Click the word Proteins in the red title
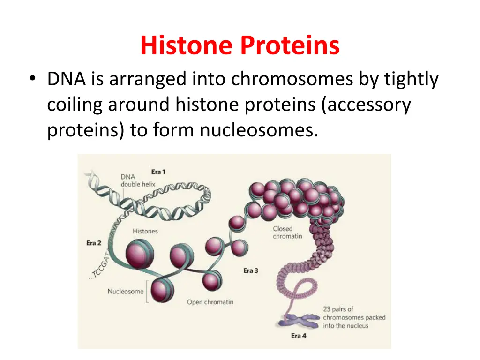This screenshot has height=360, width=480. point(290,46)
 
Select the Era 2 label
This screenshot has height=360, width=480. point(94,243)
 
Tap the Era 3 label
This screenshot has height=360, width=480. point(250,270)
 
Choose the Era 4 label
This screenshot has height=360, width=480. point(298,336)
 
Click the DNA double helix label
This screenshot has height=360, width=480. point(138,180)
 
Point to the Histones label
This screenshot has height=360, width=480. point(145,231)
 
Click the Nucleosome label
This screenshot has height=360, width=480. point(126,291)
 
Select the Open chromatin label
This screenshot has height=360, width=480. point(210,302)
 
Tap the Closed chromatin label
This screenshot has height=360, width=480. point(288,232)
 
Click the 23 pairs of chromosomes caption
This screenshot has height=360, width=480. point(354,317)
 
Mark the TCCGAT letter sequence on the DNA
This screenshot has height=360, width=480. point(99,267)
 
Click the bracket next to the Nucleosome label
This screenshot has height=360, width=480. point(148,292)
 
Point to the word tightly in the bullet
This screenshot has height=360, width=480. point(411,79)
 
